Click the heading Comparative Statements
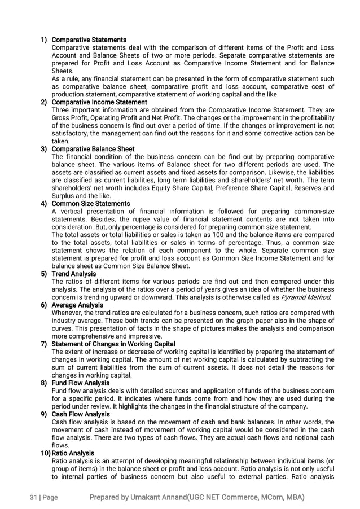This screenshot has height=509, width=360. click(x=89, y=40)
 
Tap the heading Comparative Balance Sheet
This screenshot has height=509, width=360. click(x=93, y=149)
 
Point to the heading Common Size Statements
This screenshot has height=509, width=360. click(x=90, y=204)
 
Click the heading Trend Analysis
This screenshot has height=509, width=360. click(x=73, y=274)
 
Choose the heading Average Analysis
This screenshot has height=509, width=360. click(x=77, y=305)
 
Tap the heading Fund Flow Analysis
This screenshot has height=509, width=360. click(x=80, y=383)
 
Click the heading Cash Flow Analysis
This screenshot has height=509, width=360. click(x=80, y=414)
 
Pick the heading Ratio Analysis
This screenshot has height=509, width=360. click(x=73, y=453)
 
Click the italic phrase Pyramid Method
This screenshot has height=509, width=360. click(x=306, y=297)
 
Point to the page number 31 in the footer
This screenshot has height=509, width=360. click(x=33, y=497)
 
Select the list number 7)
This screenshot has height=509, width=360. click(x=43, y=344)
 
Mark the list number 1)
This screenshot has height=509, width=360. click(x=43, y=40)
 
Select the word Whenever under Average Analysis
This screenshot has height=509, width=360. click(x=69, y=313)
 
